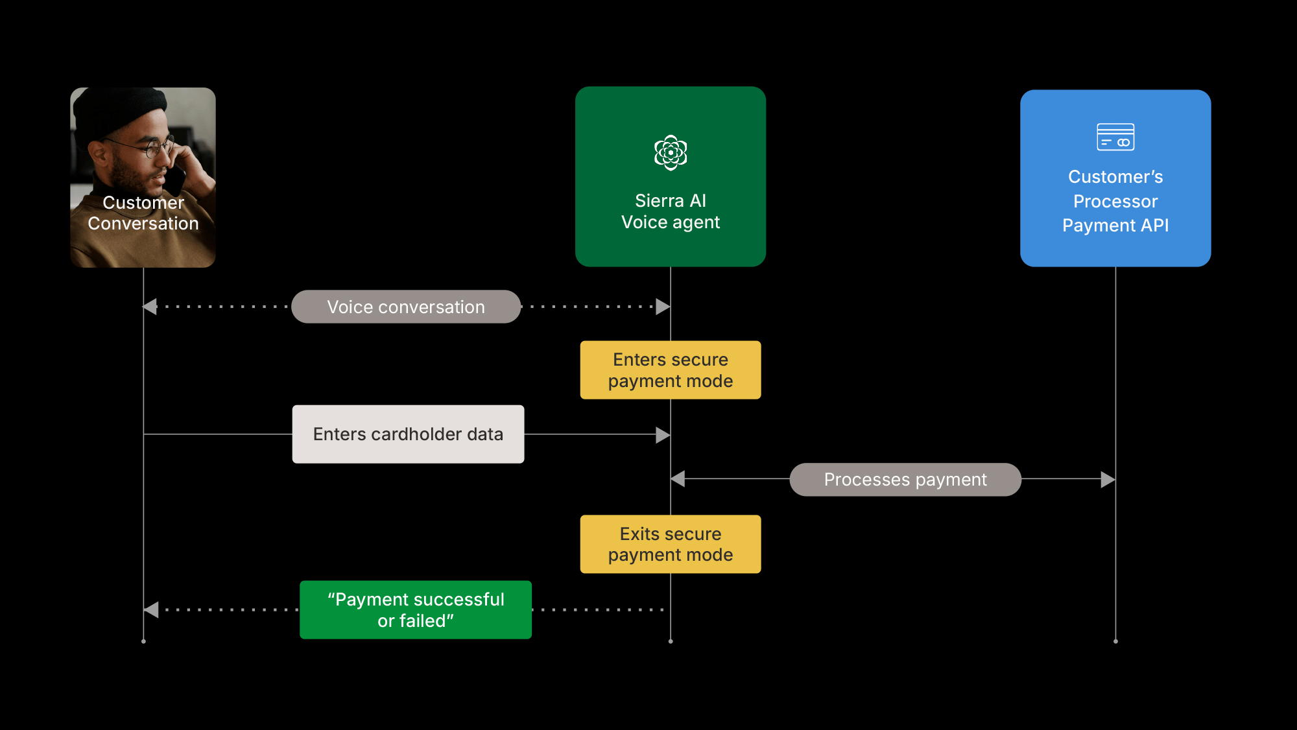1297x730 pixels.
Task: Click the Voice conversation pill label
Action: pos(406,307)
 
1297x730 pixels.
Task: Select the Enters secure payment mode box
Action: pos(670,370)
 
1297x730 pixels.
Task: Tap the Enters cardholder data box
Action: pos(408,434)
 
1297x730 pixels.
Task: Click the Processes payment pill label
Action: pos(905,479)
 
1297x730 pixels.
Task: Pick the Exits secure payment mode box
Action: pos(670,544)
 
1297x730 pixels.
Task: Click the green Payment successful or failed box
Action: pos(415,609)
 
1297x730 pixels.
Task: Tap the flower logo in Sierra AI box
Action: pos(671,152)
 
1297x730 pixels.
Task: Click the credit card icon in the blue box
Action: pos(1115,137)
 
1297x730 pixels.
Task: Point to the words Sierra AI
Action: pos(670,200)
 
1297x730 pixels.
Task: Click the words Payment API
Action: pos(1115,226)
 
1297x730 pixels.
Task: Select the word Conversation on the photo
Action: pos(143,224)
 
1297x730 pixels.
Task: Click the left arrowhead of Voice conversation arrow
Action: pos(150,307)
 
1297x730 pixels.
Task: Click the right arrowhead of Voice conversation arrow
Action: pos(663,307)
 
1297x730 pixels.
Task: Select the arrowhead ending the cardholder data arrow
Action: pos(663,434)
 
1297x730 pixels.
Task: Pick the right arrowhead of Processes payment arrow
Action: pos(1108,479)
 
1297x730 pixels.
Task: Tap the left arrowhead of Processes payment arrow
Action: pos(678,479)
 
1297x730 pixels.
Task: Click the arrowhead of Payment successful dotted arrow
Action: pos(151,609)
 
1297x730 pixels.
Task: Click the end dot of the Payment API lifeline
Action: pos(1115,641)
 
